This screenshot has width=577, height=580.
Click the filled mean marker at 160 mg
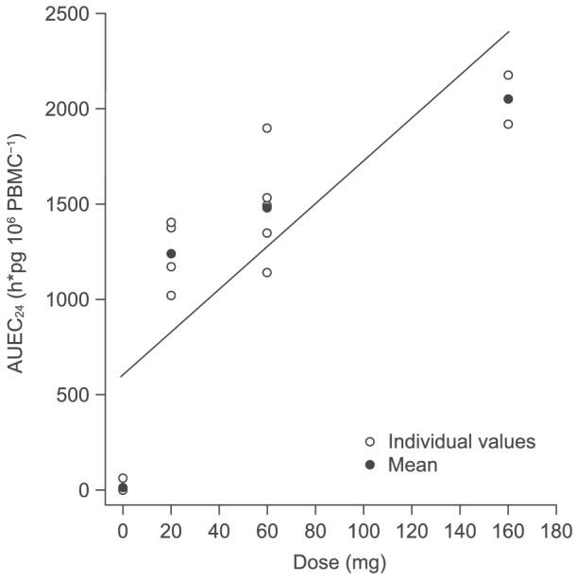click(x=508, y=99)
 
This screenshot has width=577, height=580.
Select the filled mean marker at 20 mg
click(x=171, y=253)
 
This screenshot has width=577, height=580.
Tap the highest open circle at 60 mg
click(x=267, y=128)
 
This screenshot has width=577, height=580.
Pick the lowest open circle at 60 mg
click(x=267, y=272)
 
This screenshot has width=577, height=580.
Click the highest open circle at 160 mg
click(x=508, y=75)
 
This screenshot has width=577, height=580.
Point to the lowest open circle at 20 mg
click(x=171, y=295)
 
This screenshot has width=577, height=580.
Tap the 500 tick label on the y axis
click(x=79, y=395)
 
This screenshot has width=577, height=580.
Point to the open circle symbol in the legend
click(x=371, y=441)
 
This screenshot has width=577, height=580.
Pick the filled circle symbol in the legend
click(x=371, y=465)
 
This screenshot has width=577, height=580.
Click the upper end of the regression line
click(x=509, y=32)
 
